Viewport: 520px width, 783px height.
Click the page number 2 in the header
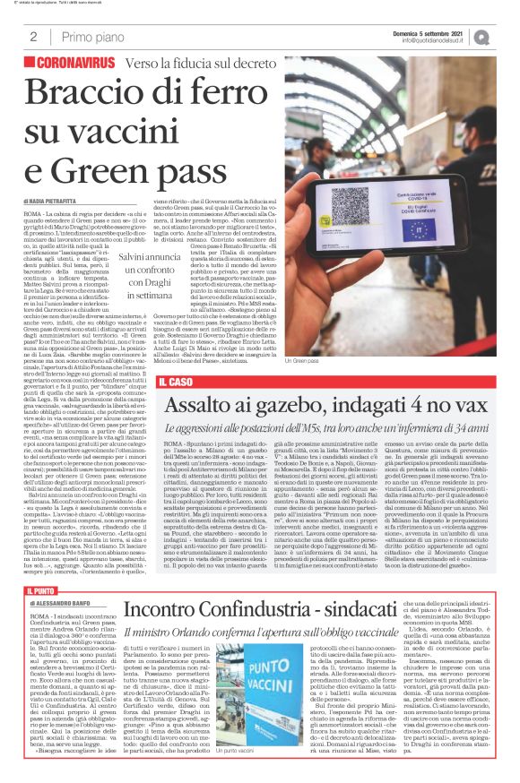pyautogui.click(x=32, y=37)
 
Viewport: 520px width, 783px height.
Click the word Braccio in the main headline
pyautogui.click(x=84, y=96)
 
